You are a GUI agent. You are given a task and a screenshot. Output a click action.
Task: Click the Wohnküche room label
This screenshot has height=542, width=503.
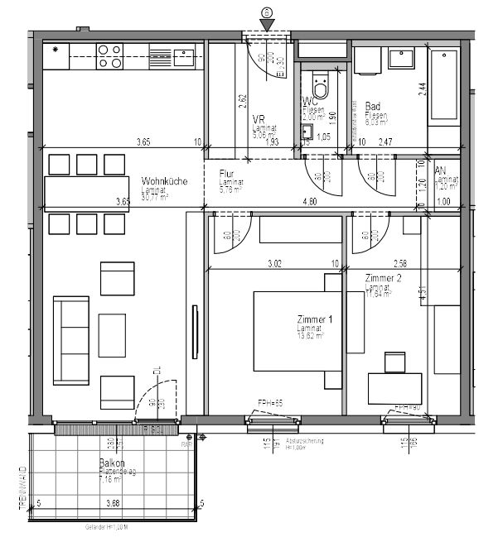[x=164, y=181]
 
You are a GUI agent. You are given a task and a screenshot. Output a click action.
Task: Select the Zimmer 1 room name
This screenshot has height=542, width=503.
[x=314, y=319]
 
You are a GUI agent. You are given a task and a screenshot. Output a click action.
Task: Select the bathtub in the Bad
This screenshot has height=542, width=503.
[x=443, y=84]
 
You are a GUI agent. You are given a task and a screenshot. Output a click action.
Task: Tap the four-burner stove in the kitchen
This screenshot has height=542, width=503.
[x=109, y=55]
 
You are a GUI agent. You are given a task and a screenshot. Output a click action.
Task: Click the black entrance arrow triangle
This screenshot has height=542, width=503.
[x=267, y=26]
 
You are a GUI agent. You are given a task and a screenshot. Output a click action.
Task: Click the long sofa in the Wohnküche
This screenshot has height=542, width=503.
[x=71, y=339]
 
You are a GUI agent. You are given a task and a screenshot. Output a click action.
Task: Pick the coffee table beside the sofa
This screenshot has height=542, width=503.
[x=111, y=335]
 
